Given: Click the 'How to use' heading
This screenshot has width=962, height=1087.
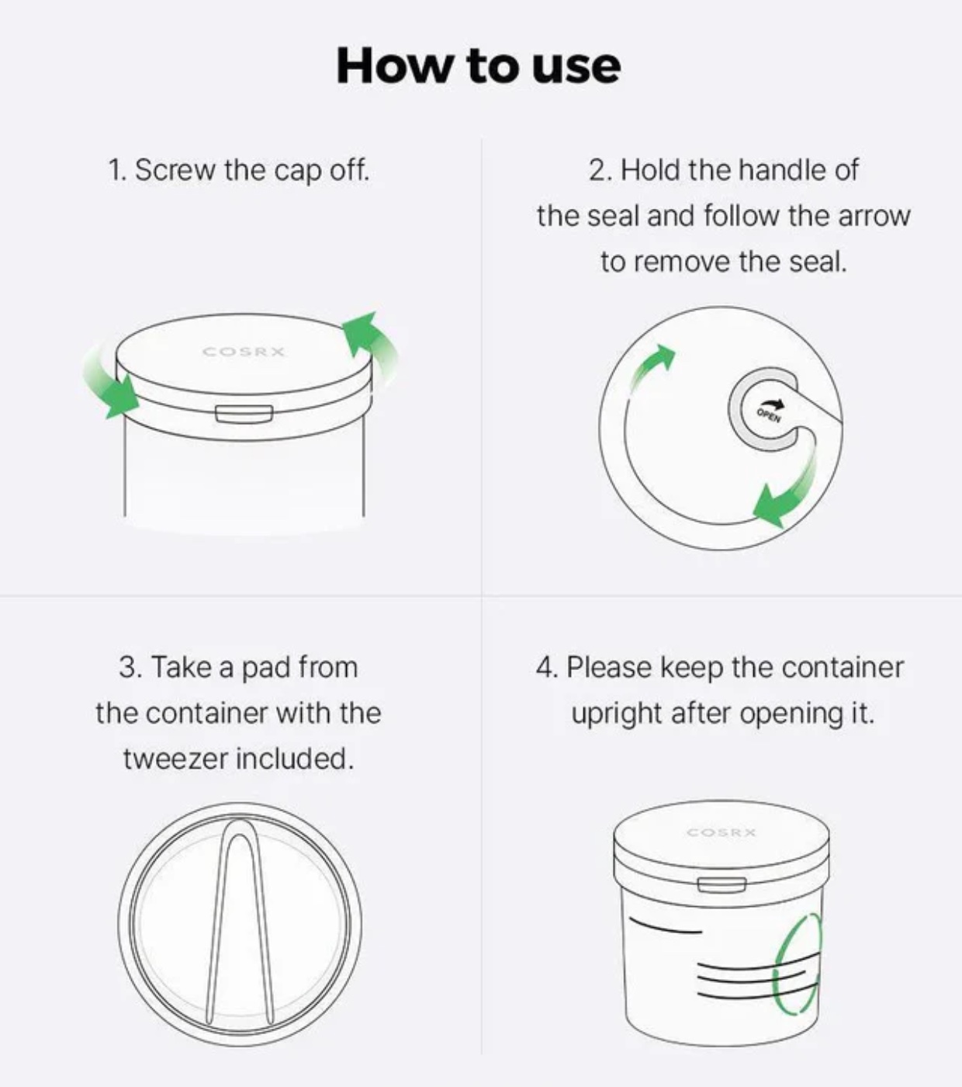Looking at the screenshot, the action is coord(479,65).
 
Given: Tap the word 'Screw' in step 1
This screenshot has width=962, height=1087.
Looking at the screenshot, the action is coord(175,170).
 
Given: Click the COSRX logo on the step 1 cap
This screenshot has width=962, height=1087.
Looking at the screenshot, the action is coord(244,352).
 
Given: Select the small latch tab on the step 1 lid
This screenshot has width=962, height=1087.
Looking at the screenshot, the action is coord(244,414).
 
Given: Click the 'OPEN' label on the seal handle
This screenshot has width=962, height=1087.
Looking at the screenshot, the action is coord(768,415).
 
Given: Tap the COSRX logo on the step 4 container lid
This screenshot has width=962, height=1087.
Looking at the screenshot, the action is coord(721,832).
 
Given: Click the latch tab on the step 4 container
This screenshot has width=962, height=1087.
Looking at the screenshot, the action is coord(721,884).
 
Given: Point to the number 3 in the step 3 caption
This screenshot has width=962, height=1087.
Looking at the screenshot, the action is coord(128,668).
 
